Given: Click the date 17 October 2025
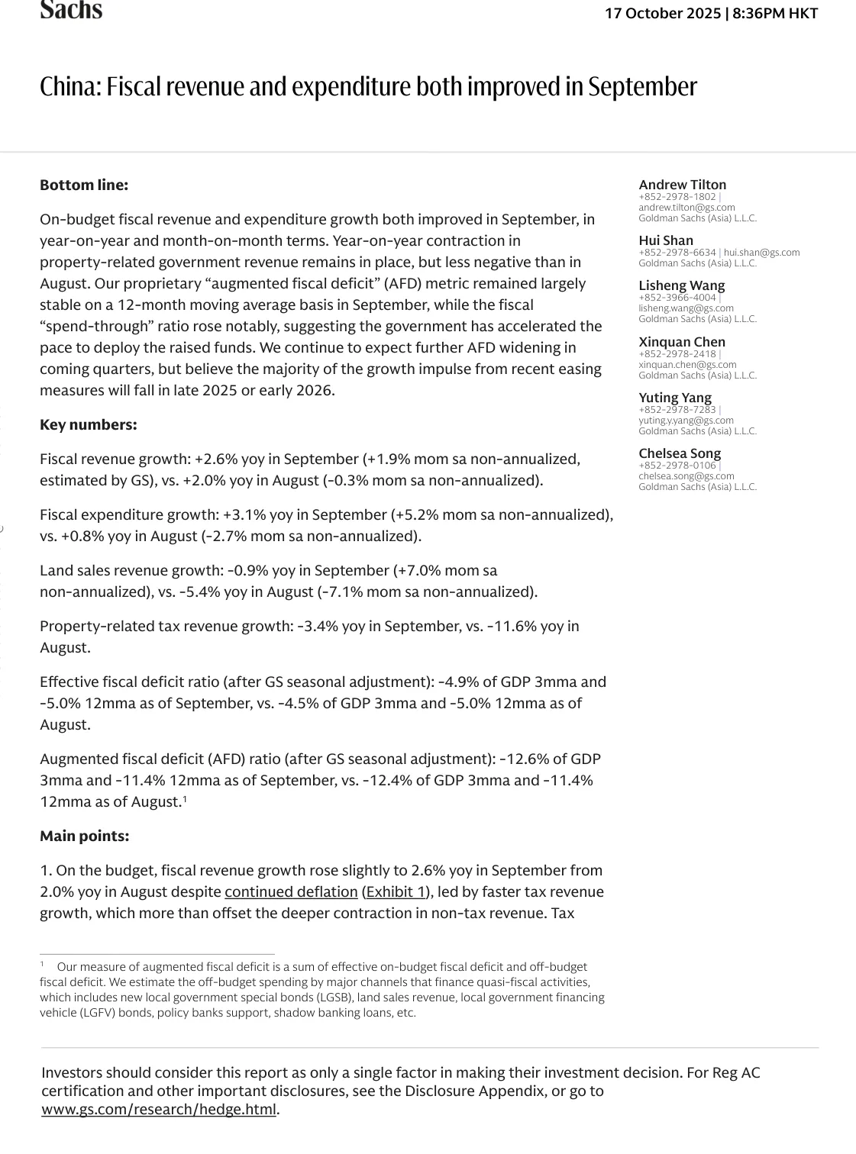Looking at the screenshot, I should coord(663,13).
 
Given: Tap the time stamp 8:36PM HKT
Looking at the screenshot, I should coord(775,13).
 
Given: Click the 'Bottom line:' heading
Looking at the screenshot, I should coord(84,185).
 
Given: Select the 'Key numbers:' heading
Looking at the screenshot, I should coord(89,424).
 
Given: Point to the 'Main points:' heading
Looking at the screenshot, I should coord(85,836).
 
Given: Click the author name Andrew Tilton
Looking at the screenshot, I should coord(683,185).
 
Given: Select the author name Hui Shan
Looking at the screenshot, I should coord(666,240).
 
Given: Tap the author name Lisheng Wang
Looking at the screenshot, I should coord(682,286).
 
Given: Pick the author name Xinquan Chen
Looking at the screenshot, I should coord(682,342).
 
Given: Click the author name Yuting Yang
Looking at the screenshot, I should coord(675,398).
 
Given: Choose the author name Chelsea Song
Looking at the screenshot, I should coord(680,453).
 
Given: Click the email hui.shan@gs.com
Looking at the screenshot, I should coord(762,253).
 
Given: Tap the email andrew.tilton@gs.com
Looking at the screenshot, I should coord(686,208).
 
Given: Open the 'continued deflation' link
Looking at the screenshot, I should coord(291,891).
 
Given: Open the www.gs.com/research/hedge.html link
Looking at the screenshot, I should coord(159,1110).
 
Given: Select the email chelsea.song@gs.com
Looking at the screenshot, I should coord(686,476).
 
